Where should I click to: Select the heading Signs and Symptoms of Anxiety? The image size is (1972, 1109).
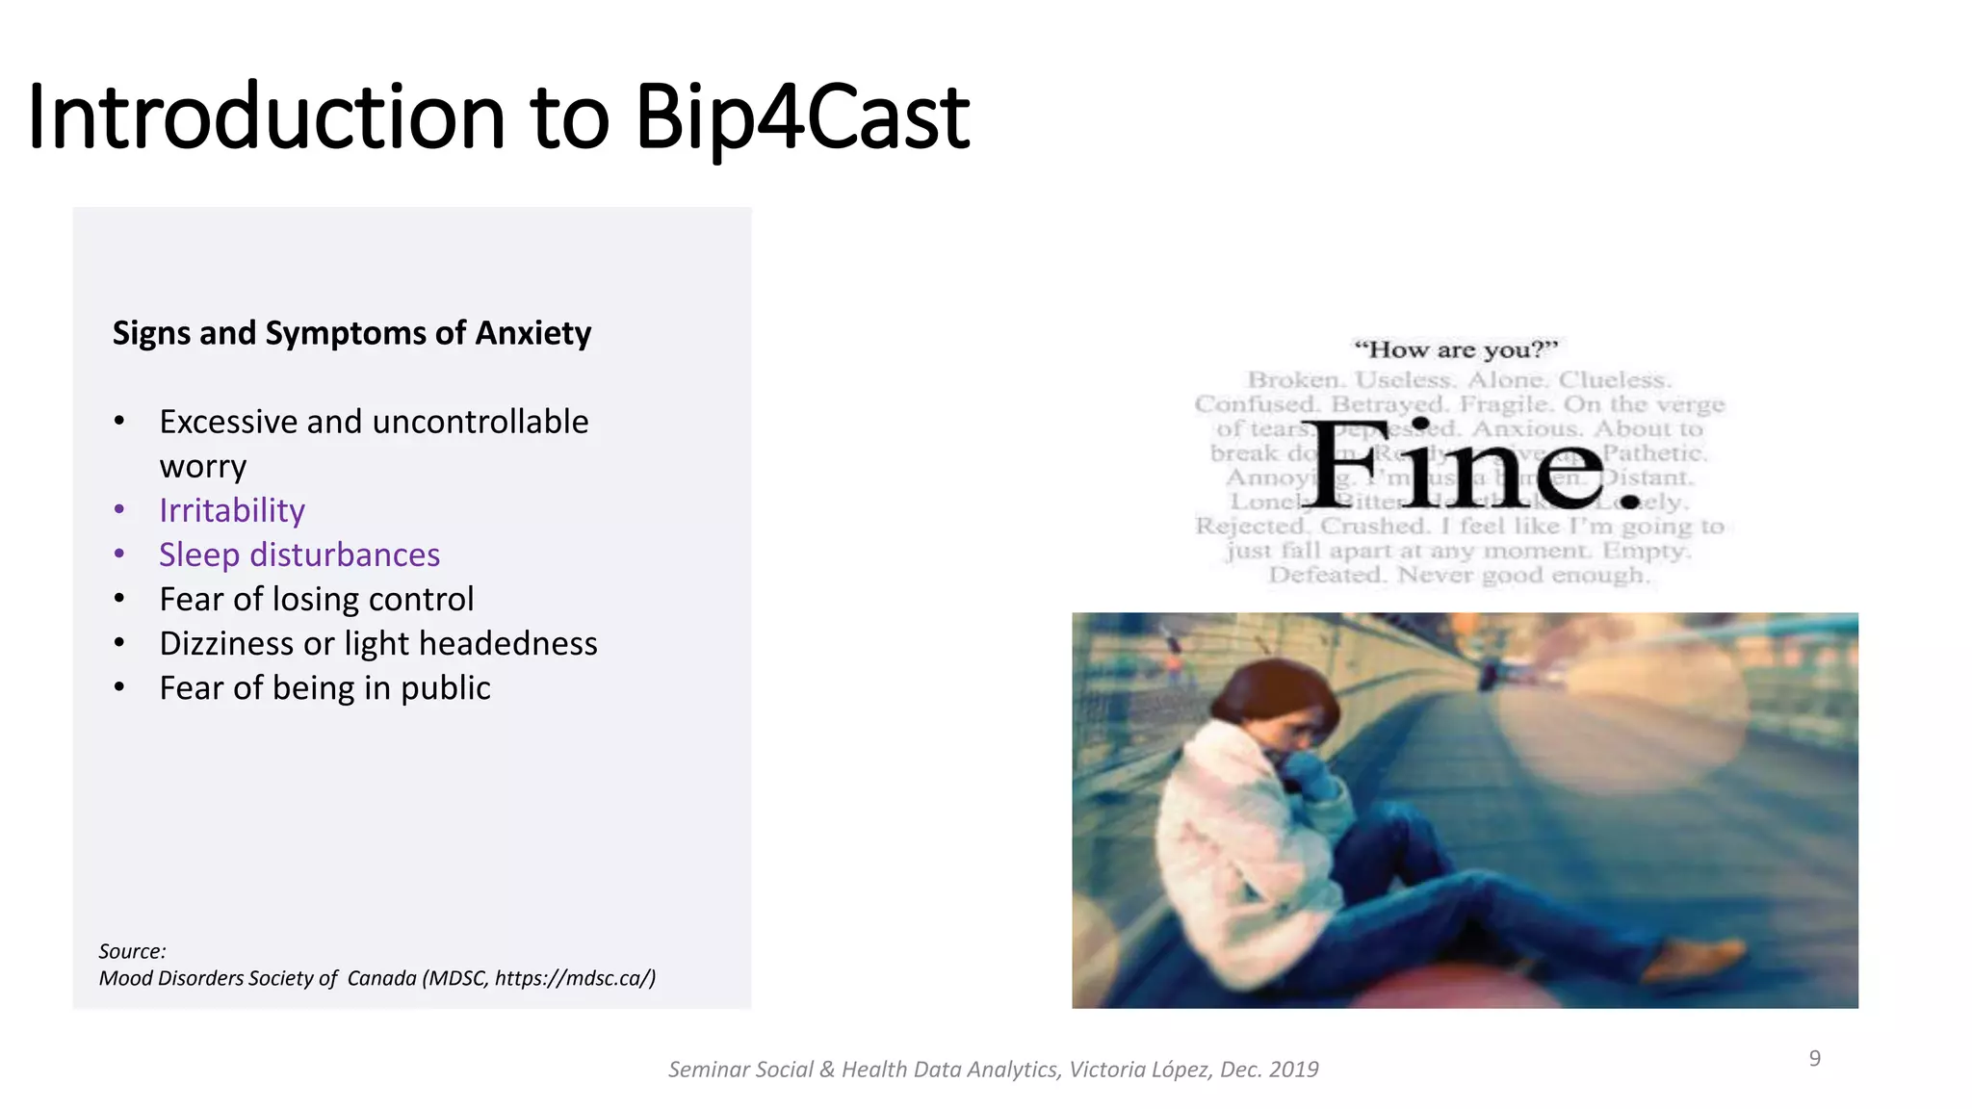351,333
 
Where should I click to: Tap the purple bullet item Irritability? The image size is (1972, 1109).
232,510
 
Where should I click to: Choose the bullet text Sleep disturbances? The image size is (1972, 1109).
299,554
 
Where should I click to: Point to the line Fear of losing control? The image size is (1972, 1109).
317,599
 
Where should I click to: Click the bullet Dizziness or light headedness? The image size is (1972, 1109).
378,643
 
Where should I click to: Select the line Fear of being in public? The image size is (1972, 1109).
324,688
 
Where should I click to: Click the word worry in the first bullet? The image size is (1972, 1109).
203,466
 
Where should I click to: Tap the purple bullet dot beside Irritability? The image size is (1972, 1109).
119,509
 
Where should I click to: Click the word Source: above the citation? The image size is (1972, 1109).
132,951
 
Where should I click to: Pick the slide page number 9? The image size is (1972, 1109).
1814,1058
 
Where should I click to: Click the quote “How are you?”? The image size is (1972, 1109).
1455,349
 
